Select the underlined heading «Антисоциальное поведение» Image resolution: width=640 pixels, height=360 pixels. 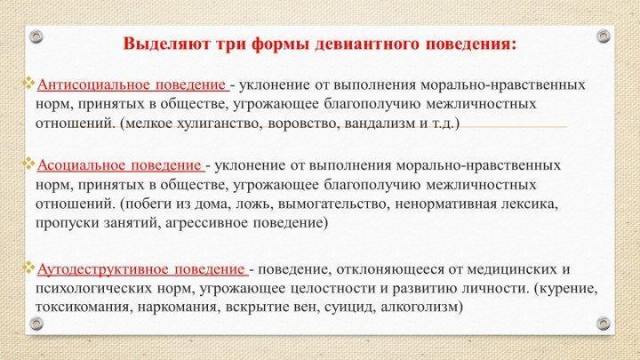[x=132, y=85]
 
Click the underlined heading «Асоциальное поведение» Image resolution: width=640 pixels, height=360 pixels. [x=119, y=165]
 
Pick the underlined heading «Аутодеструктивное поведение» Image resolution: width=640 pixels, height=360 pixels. [x=140, y=269]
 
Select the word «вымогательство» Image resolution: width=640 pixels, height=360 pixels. [x=332, y=204]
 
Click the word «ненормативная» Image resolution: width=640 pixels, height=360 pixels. [x=445, y=204]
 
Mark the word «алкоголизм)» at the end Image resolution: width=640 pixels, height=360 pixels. [x=421, y=307]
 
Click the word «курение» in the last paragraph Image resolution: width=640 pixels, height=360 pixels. [x=569, y=288]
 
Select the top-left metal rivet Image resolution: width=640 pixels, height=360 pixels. [x=36, y=36]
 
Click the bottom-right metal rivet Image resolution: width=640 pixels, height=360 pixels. [x=604, y=324]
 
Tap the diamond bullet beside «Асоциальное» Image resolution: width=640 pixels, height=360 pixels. [x=29, y=164]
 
